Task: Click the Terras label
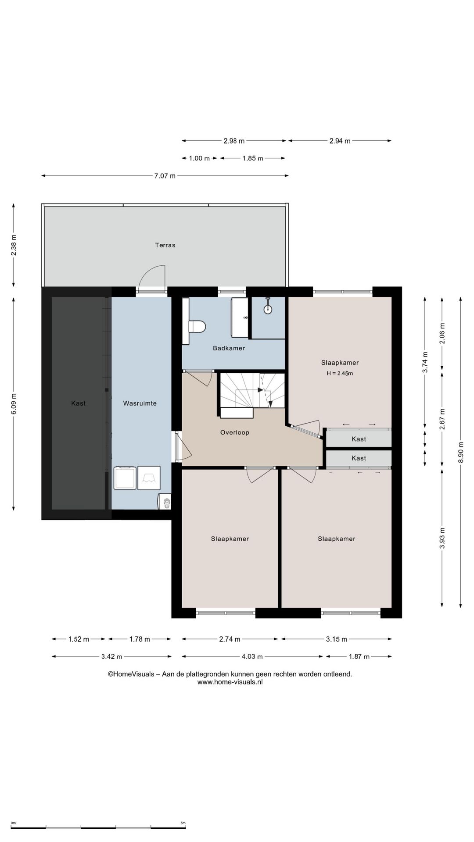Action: [x=165, y=245]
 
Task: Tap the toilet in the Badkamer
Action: [x=197, y=327]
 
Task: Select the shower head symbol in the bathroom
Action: [x=268, y=308]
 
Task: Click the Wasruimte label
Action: [x=140, y=403]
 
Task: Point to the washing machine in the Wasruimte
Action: [x=125, y=478]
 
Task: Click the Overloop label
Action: [x=235, y=432]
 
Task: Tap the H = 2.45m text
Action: [x=340, y=374]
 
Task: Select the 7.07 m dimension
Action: [x=165, y=176]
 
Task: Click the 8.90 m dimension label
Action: [x=460, y=452]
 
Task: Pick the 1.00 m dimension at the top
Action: [x=199, y=158]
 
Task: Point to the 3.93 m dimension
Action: [x=442, y=538]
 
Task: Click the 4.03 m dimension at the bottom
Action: [x=252, y=656]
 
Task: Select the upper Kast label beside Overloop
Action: [x=359, y=439]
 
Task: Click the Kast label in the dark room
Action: [x=79, y=403]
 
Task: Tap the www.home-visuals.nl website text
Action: [x=230, y=682]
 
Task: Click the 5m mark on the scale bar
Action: [x=183, y=823]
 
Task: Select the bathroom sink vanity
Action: [x=240, y=318]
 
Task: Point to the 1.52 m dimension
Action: [x=79, y=639]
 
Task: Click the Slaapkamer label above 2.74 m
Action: [x=230, y=539]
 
